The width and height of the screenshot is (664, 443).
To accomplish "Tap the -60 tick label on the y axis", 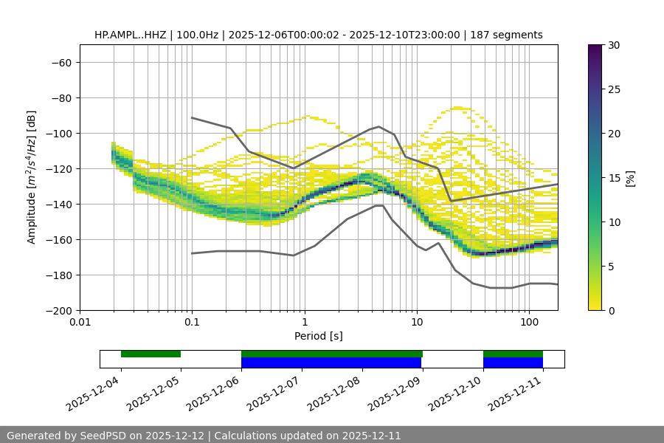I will [x=60, y=62].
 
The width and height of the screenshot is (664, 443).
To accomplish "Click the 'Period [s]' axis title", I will [x=318, y=336].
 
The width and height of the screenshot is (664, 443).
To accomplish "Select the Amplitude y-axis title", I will [x=32, y=177].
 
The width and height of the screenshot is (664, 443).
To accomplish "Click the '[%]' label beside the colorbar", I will [x=630, y=178].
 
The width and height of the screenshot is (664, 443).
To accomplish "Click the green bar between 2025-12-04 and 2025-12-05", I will [x=151, y=354].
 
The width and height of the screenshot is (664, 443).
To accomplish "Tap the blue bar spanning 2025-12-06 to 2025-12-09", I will [x=331, y=363].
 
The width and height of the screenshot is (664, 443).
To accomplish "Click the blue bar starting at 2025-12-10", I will [x=513, y=363].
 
